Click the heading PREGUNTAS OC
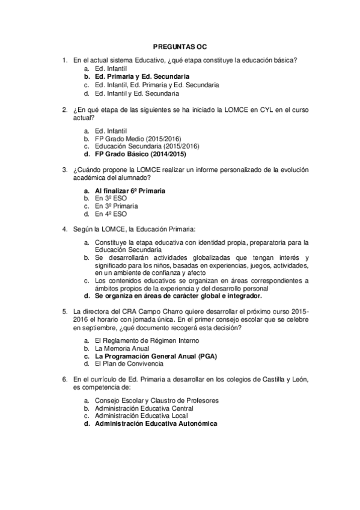[180, 46]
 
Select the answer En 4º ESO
[111, 214]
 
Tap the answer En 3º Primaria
[116, 206]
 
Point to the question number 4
[65, 229]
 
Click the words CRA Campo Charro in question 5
[138, 311]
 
